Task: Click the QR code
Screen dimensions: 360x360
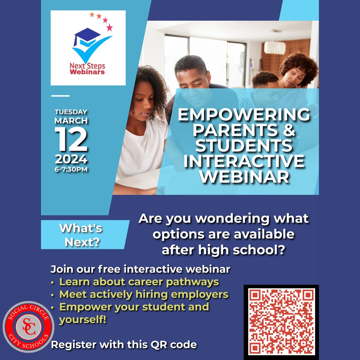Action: click(281, 321)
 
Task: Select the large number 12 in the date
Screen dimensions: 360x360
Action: click(71, 140)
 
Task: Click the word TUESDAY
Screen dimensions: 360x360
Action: click(71, 112)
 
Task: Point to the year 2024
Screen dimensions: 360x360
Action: click(71, 160)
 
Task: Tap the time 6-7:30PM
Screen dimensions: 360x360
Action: click(71, 169)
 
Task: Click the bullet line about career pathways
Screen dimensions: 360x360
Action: click(139, 282)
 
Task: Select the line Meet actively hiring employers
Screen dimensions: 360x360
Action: click(144, 294)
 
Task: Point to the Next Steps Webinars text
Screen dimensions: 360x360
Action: click(87, 69)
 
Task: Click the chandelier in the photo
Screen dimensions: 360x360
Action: click(275, 47)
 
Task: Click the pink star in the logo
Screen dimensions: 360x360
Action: click(109, 28)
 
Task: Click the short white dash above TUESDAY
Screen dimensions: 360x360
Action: click(60, 96)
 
